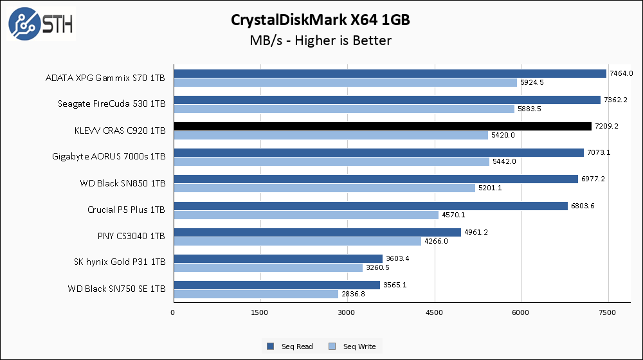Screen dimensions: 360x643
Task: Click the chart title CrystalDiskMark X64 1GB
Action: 321,20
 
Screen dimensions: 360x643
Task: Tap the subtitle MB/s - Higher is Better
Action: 321,41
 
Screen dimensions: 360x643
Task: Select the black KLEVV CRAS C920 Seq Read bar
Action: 382,126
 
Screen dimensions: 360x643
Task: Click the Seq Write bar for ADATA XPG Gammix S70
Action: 345,82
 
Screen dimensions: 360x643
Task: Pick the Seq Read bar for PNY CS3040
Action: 317,232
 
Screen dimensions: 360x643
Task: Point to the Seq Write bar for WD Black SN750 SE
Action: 256,294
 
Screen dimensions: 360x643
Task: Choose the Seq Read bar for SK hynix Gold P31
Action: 278,258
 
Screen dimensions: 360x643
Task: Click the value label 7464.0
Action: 621,73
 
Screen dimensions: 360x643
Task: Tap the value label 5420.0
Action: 503,135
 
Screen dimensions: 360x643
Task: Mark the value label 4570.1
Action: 453,215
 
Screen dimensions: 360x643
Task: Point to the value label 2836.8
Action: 353,294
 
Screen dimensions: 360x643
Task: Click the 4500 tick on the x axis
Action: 435,313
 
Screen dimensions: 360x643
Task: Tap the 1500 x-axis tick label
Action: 260,313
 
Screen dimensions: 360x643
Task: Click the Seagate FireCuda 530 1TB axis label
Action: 112,104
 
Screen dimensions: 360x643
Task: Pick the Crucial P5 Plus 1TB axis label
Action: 126,210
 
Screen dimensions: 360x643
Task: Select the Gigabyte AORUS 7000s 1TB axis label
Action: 109,156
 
